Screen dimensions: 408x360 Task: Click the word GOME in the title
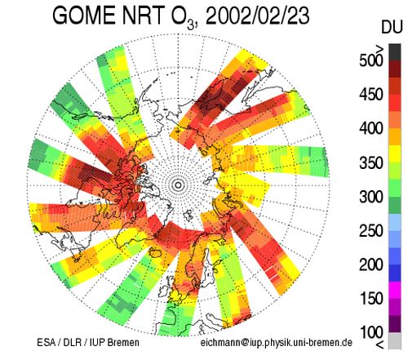click(85, 15)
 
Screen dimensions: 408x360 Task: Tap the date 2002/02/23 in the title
click(258, 16)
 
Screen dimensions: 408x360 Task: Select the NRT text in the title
click(143, 15)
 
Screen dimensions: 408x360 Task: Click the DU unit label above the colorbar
click(392, 28)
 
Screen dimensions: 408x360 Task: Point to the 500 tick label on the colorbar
click(370, 60)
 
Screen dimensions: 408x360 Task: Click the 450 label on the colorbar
click(370, 95)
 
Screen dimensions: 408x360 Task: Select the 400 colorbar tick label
click(370, 128)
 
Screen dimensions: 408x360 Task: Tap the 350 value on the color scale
click(370, 162)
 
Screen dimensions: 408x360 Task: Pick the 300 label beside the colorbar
click(370, 197)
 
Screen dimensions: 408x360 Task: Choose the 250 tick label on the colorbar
click(370, 231)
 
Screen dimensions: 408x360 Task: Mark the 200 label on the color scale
click(370, 264)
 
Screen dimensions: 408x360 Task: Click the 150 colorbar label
click(370, 299)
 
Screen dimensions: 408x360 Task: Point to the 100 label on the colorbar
click(370, 332)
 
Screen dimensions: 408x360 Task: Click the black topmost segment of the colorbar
click(395, 52)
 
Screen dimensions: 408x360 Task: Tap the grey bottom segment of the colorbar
click(395, 340)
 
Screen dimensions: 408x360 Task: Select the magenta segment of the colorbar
click(395, 290)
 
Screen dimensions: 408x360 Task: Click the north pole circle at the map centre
click(178, 185)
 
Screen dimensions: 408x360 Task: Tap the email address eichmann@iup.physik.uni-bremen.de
click(277, 342)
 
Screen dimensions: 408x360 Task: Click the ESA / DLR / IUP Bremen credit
click(88, 342)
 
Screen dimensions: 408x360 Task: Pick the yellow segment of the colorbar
click(395, 154)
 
